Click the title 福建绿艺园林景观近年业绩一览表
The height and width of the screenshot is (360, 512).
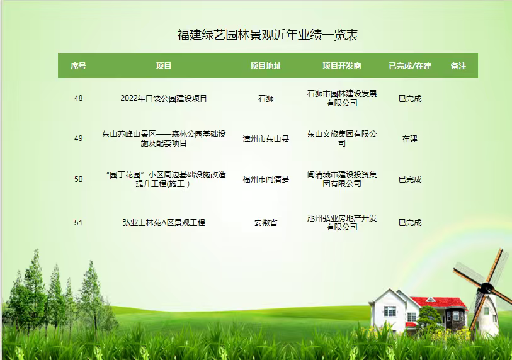(268, 35)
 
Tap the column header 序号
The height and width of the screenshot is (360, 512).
(78, 66)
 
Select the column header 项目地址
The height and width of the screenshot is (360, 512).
(266, 66)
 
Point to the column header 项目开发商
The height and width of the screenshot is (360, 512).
(342, 66)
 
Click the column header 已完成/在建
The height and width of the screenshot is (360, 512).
(410, 66)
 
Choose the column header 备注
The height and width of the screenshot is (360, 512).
(458, 66)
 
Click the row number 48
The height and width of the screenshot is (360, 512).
(78, 98)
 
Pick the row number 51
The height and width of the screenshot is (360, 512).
(78, 223)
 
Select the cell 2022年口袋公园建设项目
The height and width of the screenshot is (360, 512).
(164, 98)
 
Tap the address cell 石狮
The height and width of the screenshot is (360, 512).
(266, 98)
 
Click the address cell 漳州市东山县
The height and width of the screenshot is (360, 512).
(266, 138)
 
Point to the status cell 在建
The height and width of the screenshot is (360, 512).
(410, 138)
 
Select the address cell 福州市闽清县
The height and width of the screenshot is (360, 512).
(266, 179)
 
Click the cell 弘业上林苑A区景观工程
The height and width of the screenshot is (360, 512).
(164, 223)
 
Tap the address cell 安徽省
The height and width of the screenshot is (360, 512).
(266, 223)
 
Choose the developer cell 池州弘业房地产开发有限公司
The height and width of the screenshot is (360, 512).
(342, 222)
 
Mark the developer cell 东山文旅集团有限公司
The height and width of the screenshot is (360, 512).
(342, 138)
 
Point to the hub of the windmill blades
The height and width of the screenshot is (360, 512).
(486, 288)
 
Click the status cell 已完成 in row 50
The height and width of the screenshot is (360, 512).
(410, 179)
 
